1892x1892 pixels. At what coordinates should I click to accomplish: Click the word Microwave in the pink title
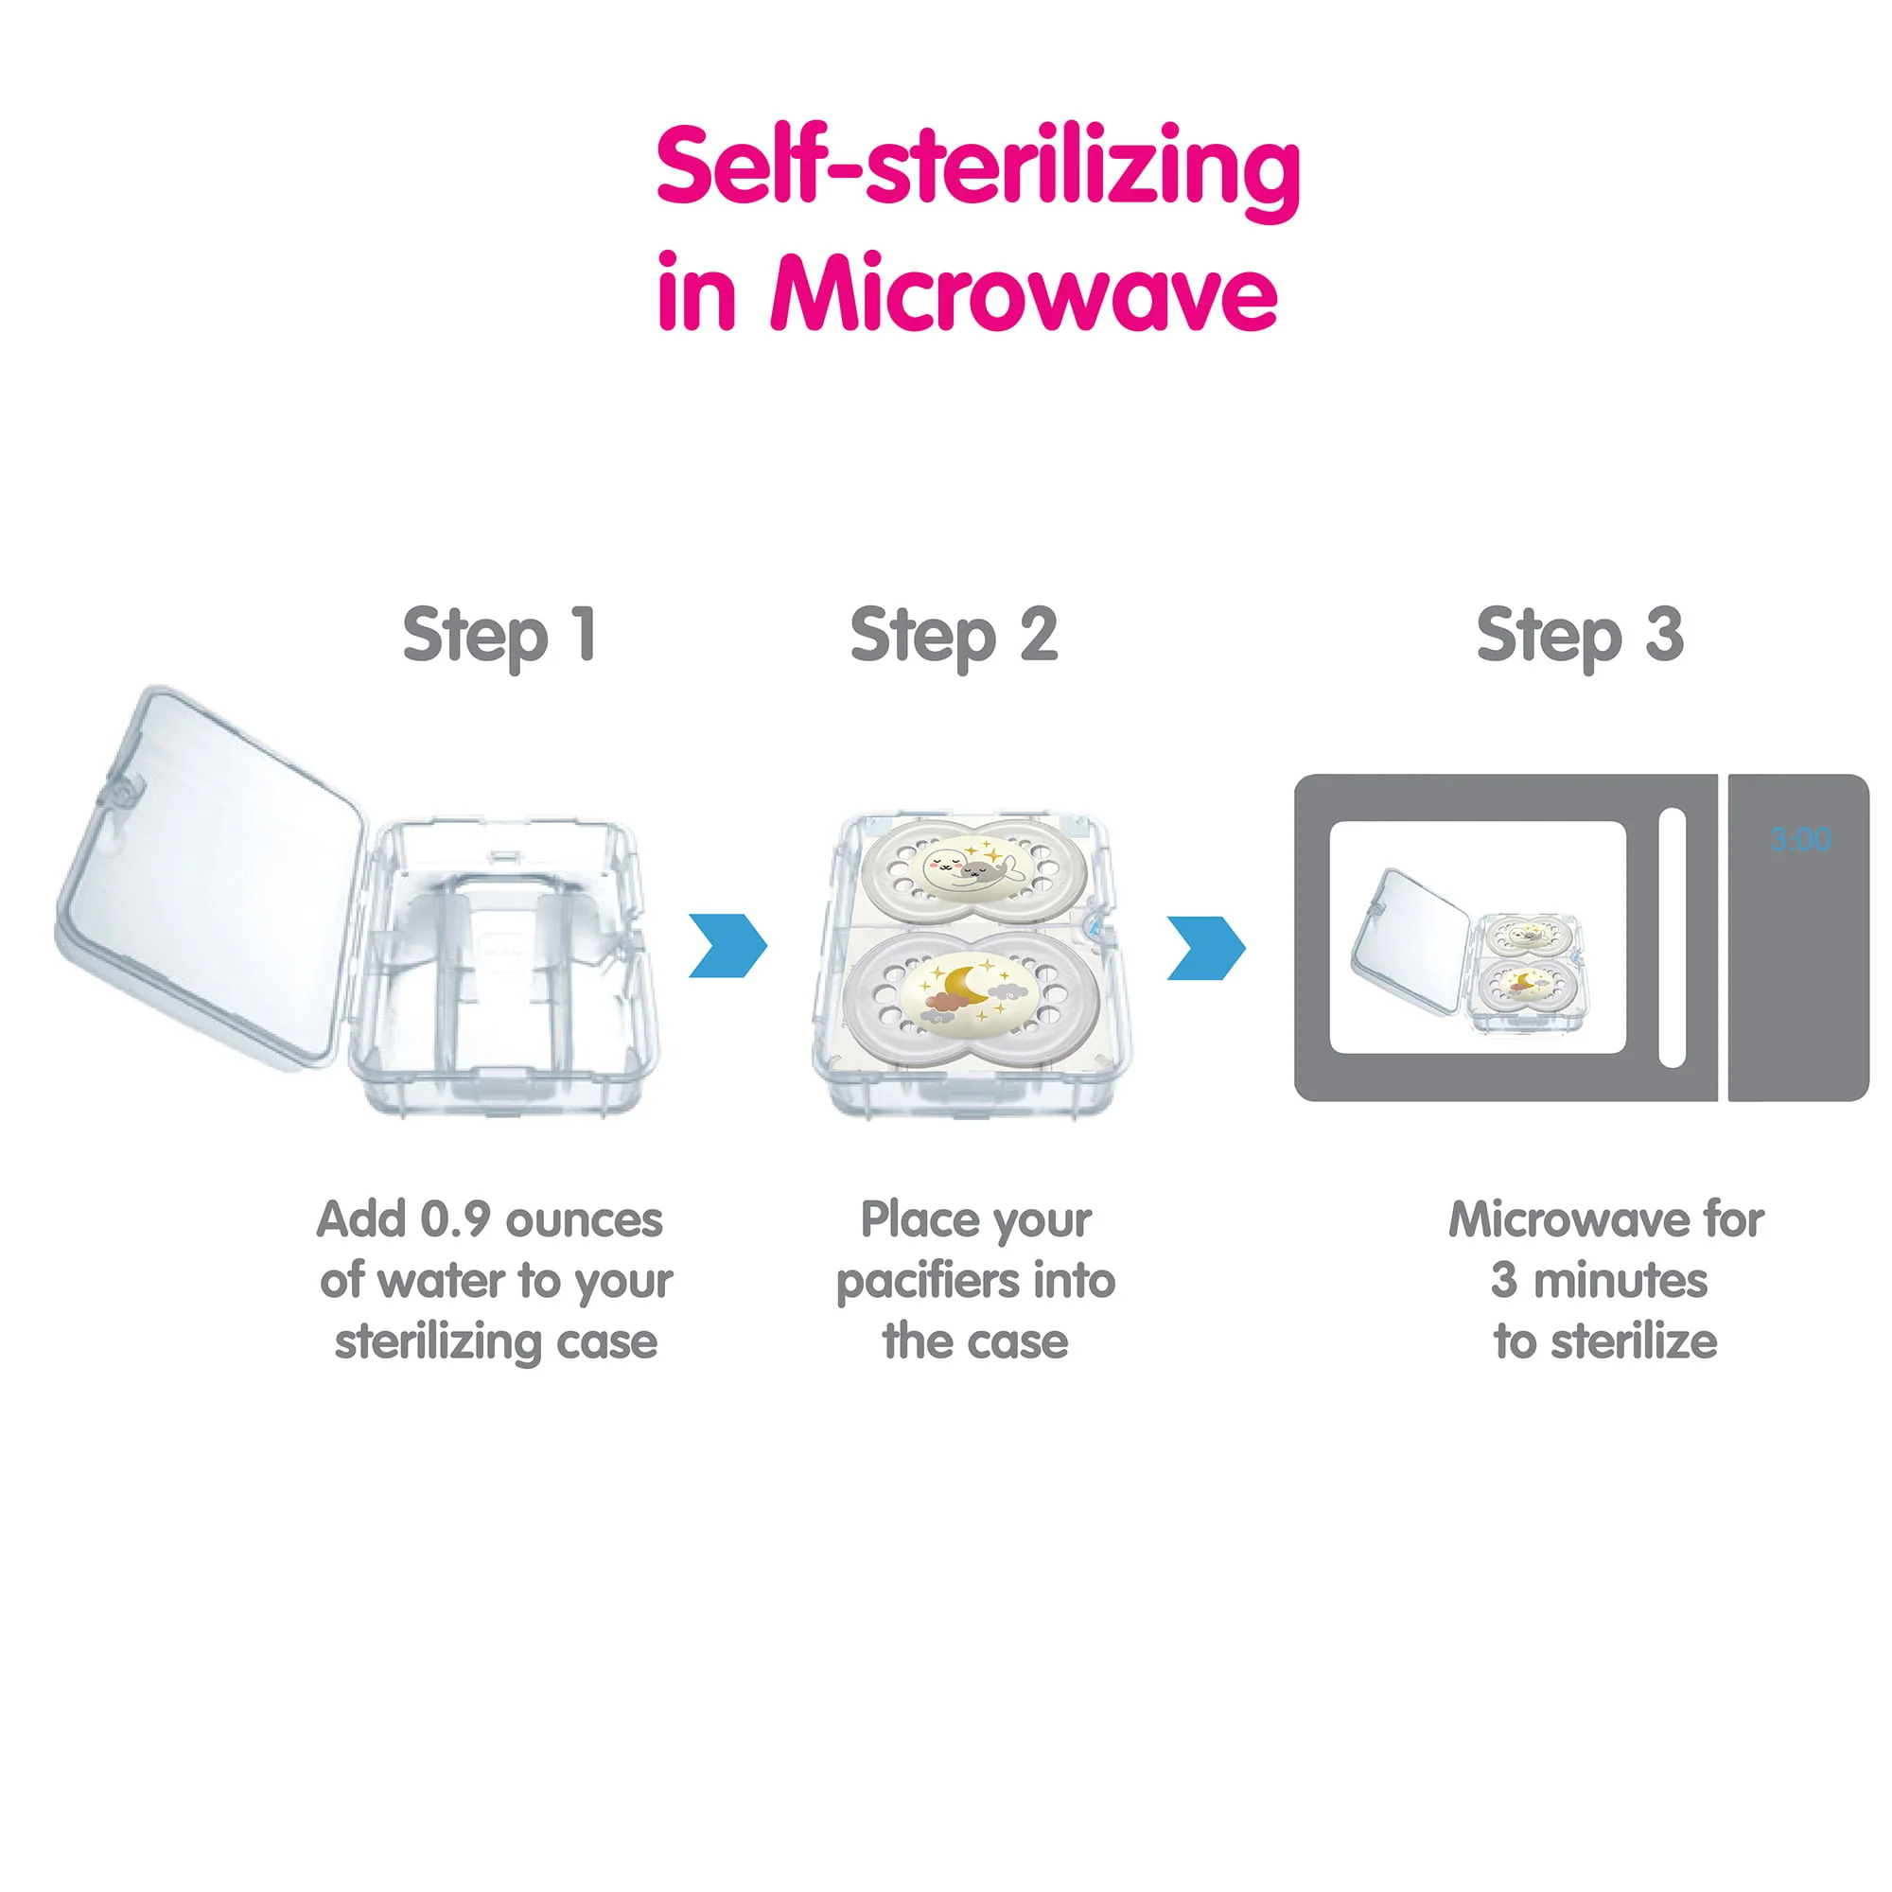pyautogui.click(x=1024, y=291)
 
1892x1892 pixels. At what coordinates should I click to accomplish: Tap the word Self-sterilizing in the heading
pyautogui.click(x=977, y=169)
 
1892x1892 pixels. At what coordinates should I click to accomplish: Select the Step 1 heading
pyautogui.click(x=499, y=637)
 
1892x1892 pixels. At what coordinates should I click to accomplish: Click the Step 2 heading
pyautogui.click(x=954, y=637)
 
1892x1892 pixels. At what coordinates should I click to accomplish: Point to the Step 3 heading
pyautogui.click(x=1580, y=637)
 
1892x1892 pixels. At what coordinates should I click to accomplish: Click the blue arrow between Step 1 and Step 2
pyautogui.click(x=727, y=945)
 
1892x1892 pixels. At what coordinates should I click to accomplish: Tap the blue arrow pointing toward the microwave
pyautogui.click(x=1206, y=947)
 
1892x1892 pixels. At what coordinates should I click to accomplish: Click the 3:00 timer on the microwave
pyautogui.click(x=1800, y=838)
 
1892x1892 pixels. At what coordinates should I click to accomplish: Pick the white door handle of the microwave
pyautogui.click(x=1672, y=937)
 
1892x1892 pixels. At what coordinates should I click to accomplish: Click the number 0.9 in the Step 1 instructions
pyautogui.click(x=454, y=1220)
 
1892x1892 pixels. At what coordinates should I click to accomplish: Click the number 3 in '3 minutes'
pyautogui.click(x=1504, y=1281)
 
